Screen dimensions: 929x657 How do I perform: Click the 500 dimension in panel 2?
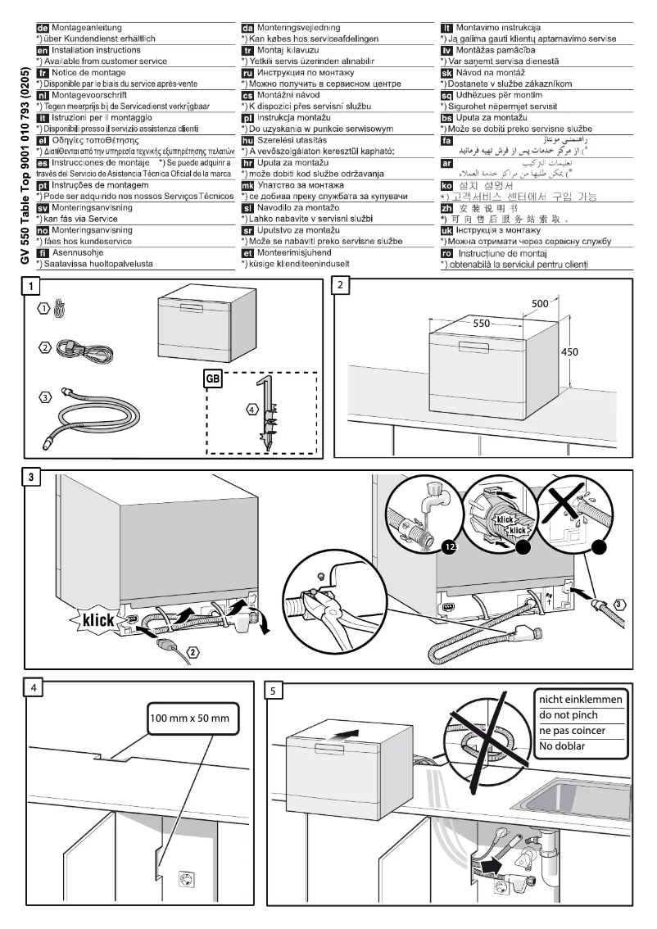540,303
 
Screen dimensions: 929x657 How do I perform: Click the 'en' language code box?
34,50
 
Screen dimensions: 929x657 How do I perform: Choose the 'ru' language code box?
247,72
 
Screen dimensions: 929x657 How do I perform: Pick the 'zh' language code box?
446,208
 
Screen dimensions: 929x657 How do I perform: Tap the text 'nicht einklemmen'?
580,699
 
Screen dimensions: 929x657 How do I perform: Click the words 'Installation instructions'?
97,50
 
